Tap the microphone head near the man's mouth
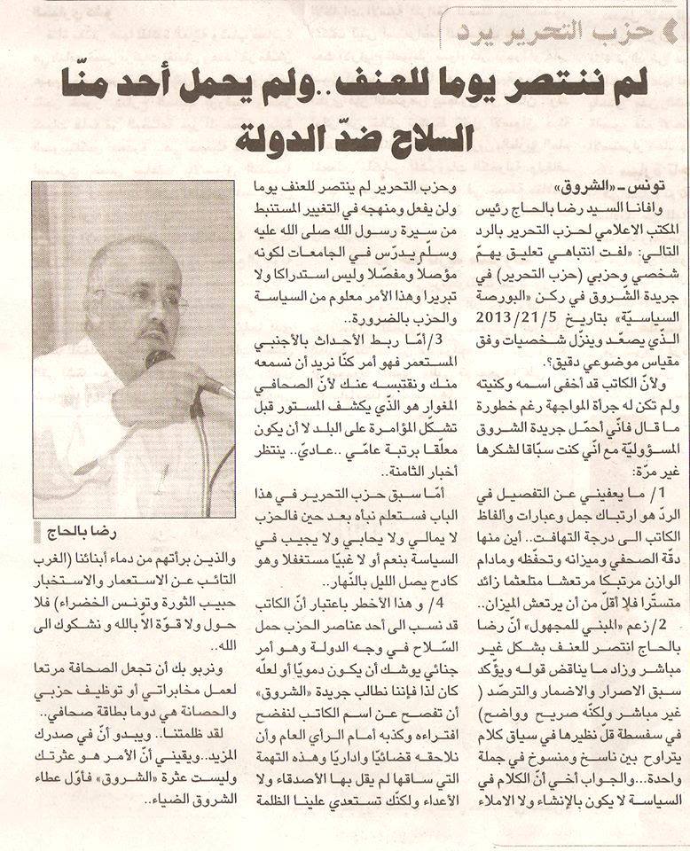(x=161, y=360)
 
